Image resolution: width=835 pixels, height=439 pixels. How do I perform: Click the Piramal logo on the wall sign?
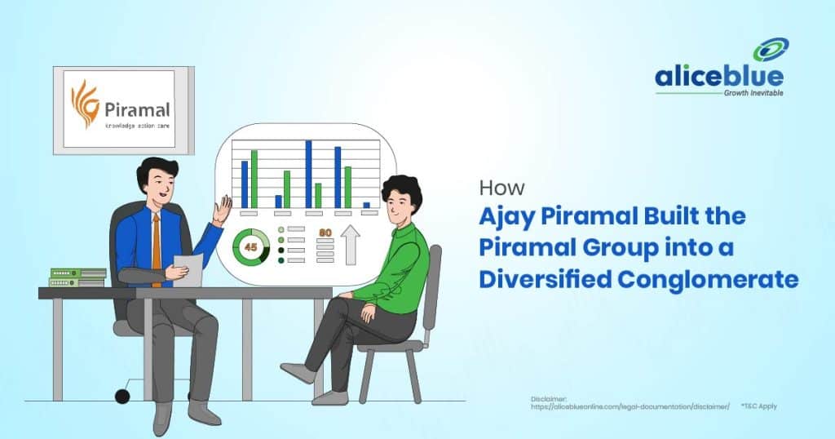pos(119,108)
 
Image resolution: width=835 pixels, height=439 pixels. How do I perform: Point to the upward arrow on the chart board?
pos(351,246)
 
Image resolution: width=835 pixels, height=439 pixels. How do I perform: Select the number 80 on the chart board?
pos(325,233)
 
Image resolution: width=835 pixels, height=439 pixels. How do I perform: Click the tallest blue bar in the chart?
pos(309,173)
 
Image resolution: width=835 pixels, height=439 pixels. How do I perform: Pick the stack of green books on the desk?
pos(77,277)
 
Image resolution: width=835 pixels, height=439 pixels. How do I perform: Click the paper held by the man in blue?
pos(190,268)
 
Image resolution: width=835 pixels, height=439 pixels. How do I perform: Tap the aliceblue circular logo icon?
pos(770,51)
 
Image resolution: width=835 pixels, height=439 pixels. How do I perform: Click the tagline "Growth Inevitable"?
pos(753,93)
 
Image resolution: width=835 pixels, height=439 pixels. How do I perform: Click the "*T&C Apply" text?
pos(759,406)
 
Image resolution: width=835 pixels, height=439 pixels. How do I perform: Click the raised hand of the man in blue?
pos(223,210)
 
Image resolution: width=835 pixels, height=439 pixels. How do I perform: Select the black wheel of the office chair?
pos(122,397)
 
